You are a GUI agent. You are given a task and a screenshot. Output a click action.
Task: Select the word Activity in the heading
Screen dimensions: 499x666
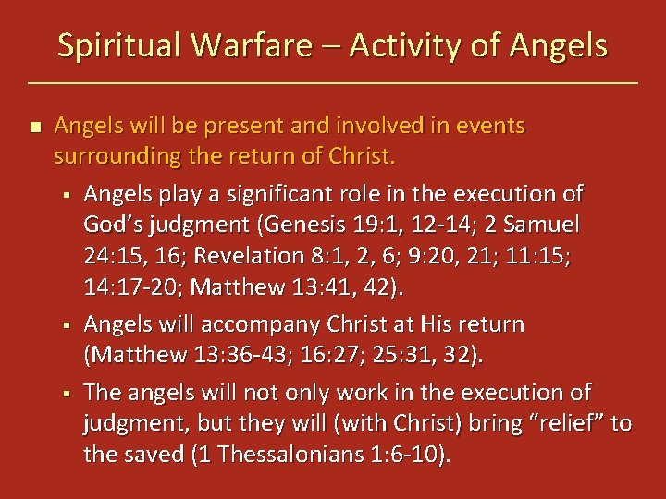click(x=413, y=45)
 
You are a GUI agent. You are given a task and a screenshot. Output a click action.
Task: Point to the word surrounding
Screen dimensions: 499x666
click(x=116, y=156)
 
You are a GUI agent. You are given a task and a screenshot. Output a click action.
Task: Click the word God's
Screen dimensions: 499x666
click(x=116, y=224)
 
